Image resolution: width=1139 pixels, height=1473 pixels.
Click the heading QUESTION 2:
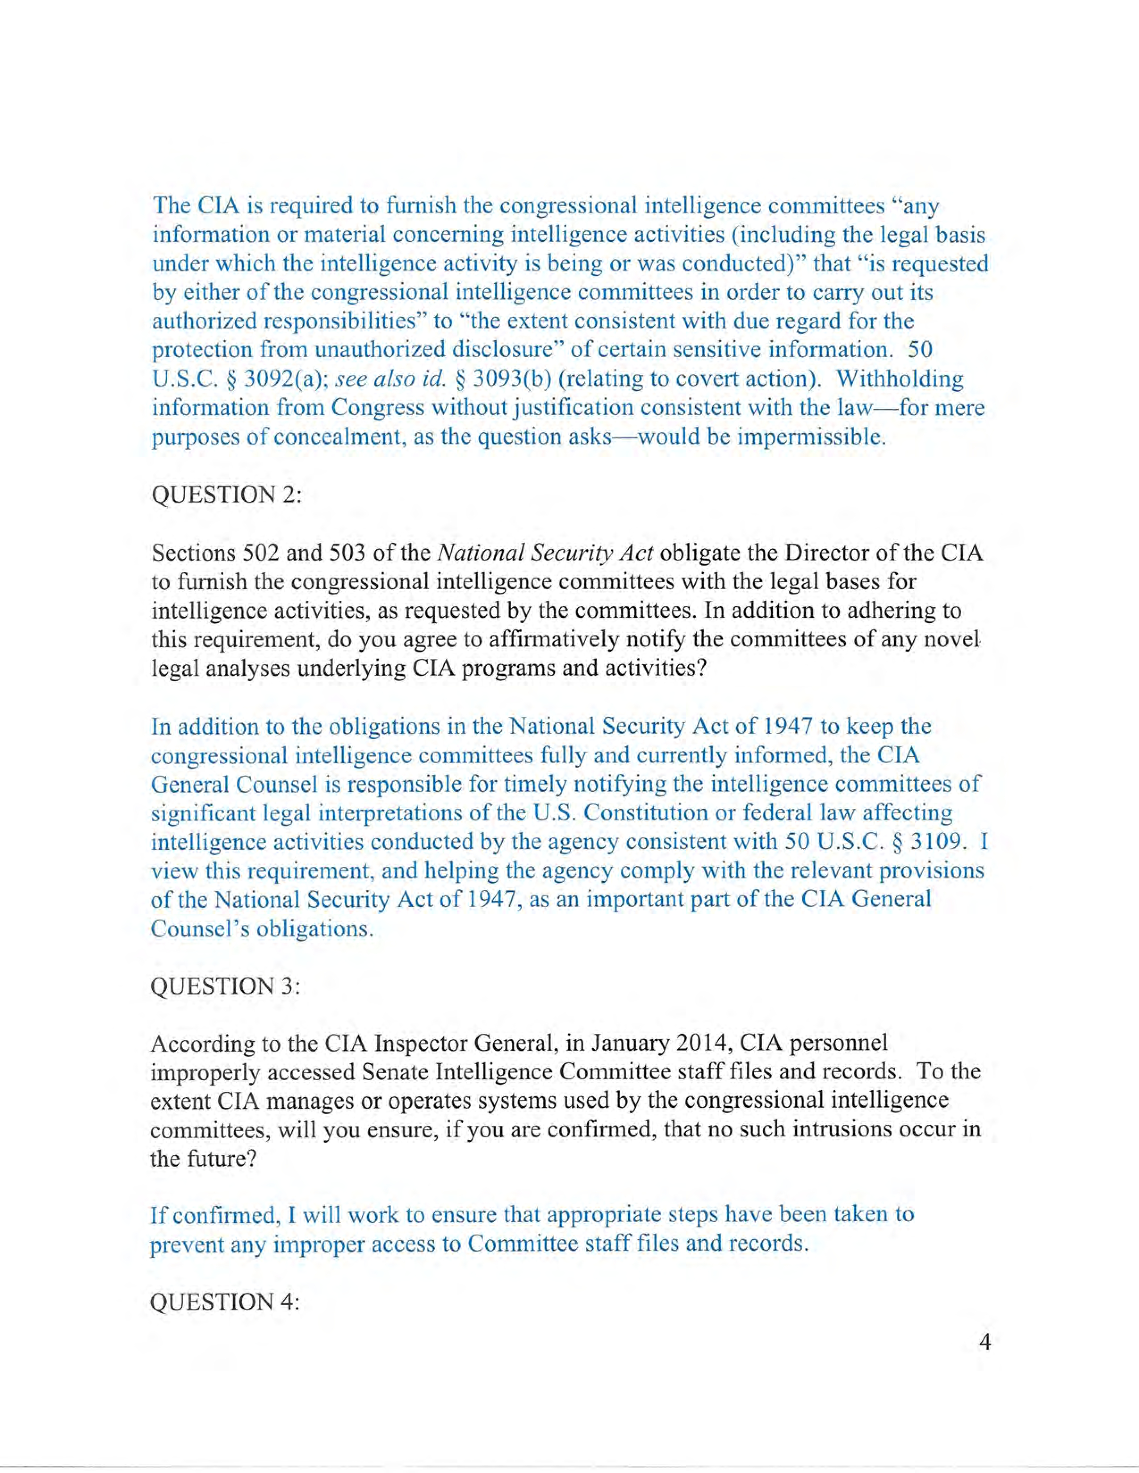pyautogui.click(x=226, y=495)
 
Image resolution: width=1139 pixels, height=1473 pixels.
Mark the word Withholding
pyautogui.click(x=900, y=379)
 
